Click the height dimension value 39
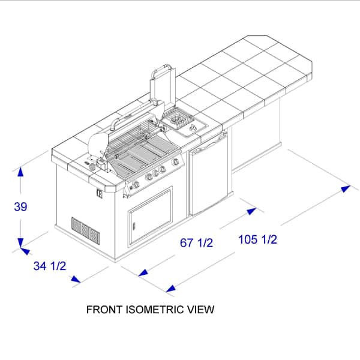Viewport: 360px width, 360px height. click(x=20, y=206)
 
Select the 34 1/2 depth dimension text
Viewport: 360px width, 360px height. click(x=50, y=266)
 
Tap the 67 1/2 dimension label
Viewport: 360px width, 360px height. click(x=197, y=242)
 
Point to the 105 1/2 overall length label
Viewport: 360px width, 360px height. click(x=258, y=239)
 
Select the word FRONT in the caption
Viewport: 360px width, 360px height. click(x=104, y=310)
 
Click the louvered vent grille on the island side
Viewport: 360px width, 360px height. click(x=86, y=231)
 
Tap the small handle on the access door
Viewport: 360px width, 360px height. click(x=134, y=226)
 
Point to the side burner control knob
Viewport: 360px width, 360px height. click(x=193, y=127)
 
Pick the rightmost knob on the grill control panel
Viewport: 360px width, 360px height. click(x=175, y=162)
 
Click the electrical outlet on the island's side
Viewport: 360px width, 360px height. click(x=99, y=193)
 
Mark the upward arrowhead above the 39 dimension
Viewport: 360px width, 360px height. click(x=20, y=172)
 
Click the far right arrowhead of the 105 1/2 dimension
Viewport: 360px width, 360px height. click(x=346, y=188)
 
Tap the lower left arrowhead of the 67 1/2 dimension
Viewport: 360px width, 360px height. click(x=143, y=273)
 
